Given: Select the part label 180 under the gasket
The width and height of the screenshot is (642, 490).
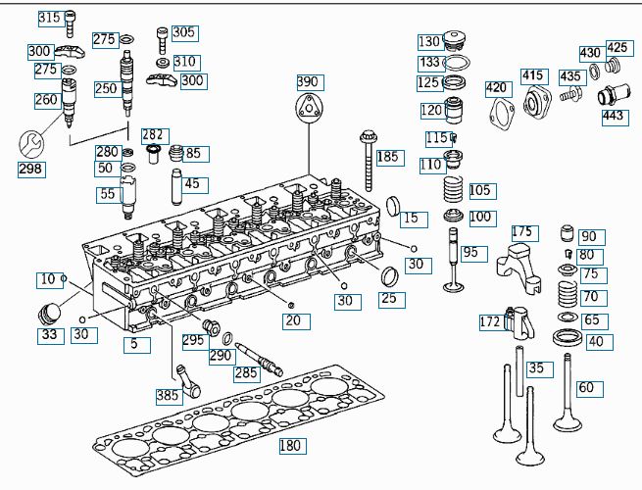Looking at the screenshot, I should coord(291,446).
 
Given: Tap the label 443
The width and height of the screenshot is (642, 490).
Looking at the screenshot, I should coord(614,116).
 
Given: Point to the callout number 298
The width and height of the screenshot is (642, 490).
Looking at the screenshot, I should coord(31,169).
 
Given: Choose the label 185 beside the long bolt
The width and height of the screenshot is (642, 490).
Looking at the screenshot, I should coord(388,157).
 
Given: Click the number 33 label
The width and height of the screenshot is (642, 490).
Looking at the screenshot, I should coord(48,335).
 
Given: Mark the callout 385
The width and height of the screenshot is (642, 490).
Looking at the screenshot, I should coord(169,396).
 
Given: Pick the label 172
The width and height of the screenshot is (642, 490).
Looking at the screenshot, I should coord(491,321).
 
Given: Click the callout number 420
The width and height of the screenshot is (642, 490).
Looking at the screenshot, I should coord(498,88).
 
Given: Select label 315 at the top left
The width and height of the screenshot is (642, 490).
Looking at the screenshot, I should coord(49,19).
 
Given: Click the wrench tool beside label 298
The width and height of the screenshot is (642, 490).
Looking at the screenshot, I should coord(30,143).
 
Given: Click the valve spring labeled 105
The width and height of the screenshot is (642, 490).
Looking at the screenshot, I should coord(453,187).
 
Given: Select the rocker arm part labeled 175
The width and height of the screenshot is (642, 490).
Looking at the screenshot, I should coord(519,268).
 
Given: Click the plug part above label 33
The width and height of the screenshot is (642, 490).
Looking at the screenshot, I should coord(45,316).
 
